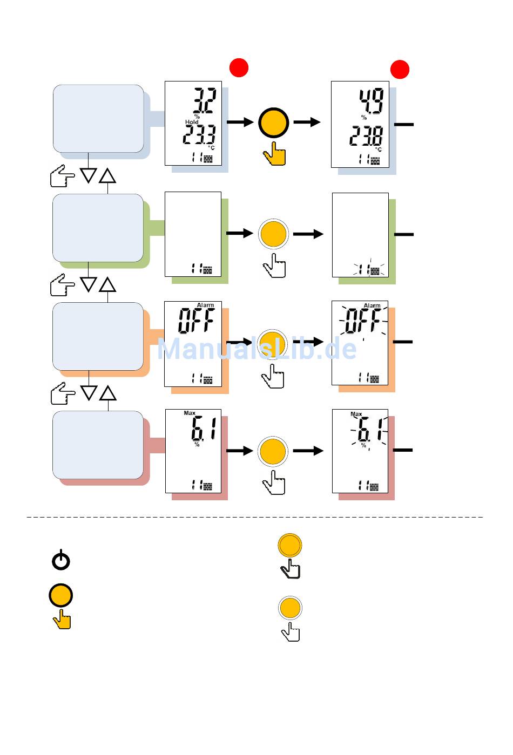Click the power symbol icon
(x=61, y=560)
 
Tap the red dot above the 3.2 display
(x=239, y=67)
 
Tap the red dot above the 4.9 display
(x=400, y=69)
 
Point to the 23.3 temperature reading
(x=199, y=135)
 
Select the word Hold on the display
(x=192, y=122)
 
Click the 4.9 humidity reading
(x=372, y=101)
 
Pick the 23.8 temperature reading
(x=366, y=136)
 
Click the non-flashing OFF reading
(x=196, y=321)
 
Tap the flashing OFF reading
(x=363, y=321)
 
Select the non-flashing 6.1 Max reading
(x=204, y=430)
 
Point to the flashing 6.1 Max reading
(x=370, y=431)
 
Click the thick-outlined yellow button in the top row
(x=274, y=123)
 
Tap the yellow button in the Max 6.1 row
(x=273, y=451)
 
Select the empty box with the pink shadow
(x=98, y=445)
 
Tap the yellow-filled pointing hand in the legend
(x=62, y=620)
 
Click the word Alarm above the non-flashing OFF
(x=205, y=305)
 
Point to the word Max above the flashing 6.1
(x=356, y=414)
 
